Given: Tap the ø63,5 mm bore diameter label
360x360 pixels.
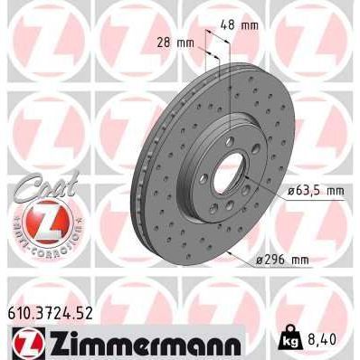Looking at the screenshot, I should point(316,191).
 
